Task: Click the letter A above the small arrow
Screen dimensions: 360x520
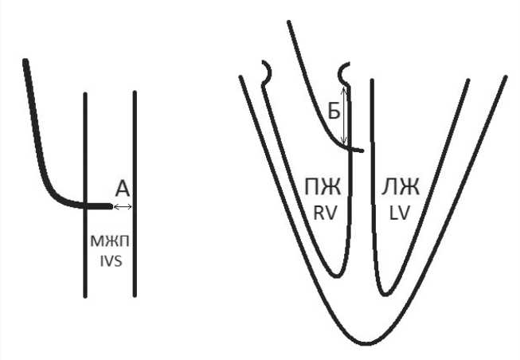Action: click(122, 189)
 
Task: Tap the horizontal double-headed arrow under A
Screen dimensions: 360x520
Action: click(123, 207)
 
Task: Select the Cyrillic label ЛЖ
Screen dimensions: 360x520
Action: click(401, 189)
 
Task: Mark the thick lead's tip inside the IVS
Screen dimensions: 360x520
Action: click(110, 206)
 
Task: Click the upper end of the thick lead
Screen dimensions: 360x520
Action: click(26, 61)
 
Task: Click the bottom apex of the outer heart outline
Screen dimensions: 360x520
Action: click(366, 344)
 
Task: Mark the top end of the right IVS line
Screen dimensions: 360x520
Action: click(135, 93)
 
